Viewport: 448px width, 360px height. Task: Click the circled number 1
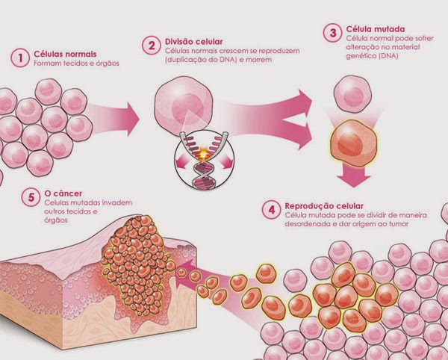point(20,58)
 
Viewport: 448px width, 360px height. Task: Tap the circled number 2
point(152,45)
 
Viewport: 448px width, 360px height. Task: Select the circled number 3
point(333,33)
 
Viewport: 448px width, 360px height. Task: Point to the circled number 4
point(272,210)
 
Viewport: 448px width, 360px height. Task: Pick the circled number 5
point(31,197)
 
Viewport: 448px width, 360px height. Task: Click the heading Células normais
point(65,54)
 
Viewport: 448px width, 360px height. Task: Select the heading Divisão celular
point(193,42)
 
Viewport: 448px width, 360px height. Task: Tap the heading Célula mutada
point(376,29)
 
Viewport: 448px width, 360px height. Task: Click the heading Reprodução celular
point(324,206)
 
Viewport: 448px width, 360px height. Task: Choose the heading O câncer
point(63,193)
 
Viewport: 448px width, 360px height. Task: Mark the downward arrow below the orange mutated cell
point(354,176)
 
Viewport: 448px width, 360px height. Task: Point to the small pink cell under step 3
point(352,94)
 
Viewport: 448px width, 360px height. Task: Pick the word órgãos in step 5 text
point(56,220)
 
